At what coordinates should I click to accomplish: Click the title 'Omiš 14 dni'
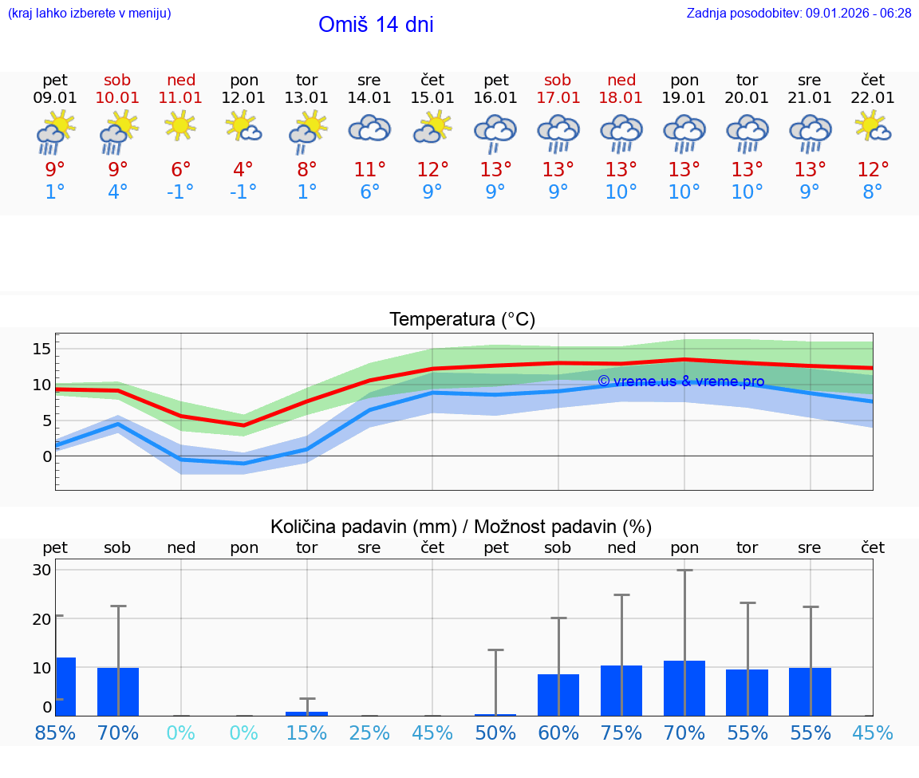(x=376, y=25)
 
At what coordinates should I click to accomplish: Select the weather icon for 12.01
(x=244, y=128)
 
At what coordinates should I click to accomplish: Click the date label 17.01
(x=558, y=98)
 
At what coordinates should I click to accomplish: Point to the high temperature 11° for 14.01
(x=369, y=169)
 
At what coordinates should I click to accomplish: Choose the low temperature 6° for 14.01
(x=369, y=192)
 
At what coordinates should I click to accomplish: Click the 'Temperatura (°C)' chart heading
(x=462, y=320)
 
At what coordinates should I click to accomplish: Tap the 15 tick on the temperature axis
(x=42, y=349)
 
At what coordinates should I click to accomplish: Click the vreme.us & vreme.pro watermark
(x=680, y=381)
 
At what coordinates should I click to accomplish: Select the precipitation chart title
(x=461, y=527)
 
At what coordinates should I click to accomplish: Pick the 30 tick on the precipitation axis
(x=42, y=570)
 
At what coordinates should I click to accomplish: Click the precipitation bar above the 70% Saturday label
(x=118, y=691)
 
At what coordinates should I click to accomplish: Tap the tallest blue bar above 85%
(x=65, y=686)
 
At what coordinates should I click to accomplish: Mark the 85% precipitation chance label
(x=55, y=733)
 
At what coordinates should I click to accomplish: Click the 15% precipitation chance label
(x=306, y=733)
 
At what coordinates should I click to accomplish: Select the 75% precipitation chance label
(x=621, y=733)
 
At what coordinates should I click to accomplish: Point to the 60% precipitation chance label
(x=558, y=733)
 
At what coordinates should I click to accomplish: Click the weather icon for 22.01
(x=873, y=128)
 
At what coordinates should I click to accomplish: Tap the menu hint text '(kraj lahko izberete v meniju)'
(x=89, y=14)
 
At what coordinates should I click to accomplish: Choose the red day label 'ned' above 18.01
(x=621, y=80)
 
